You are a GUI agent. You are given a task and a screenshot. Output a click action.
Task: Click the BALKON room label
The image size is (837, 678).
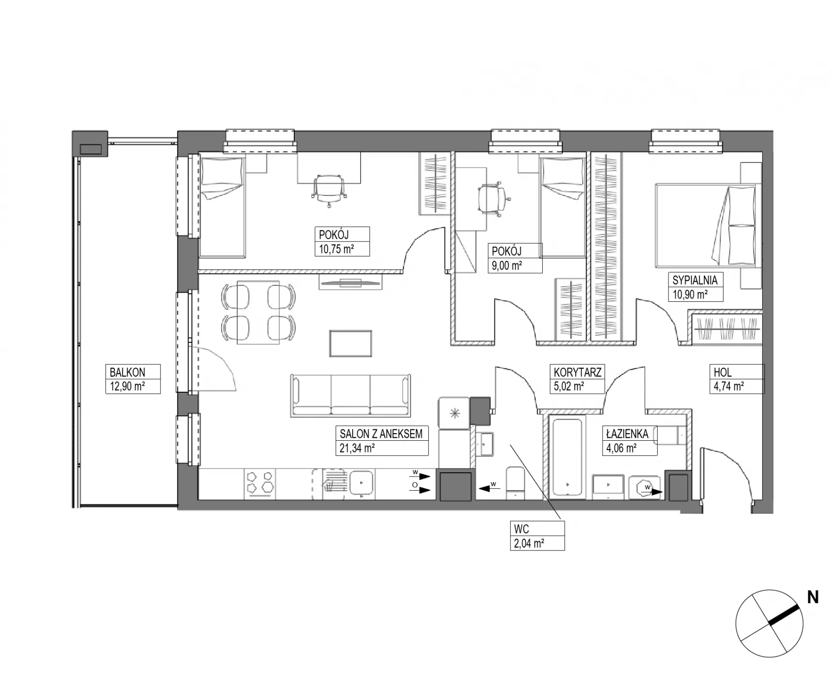[127, 372]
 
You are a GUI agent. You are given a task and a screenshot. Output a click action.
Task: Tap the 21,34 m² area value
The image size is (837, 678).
[357, 448]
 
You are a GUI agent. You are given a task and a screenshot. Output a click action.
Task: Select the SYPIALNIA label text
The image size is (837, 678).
[695, 280]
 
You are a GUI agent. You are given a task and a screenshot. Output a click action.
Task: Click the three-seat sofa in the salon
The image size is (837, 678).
[351, 395]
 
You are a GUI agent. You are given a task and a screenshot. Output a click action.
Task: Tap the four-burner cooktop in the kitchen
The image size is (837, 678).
[260, 483]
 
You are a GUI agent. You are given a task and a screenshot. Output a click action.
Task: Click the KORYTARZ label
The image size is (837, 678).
[578, 372]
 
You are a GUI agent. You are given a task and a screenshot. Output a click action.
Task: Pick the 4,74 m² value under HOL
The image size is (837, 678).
[729, 387]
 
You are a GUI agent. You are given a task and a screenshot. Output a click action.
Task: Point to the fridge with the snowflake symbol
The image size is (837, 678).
[454, 413]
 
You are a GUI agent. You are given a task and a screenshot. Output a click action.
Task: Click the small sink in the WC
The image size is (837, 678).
[485, 444]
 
